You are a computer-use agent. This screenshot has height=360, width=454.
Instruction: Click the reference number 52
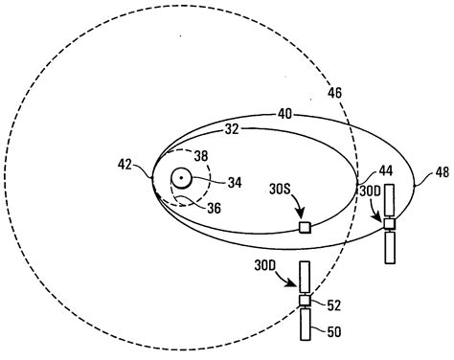coord(331,305)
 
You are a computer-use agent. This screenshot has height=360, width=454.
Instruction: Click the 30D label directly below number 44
coord(369,191)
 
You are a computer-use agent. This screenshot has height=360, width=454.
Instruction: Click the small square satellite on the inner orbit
coord(306,227)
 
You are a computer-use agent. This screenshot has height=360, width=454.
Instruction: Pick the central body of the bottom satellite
coord(306,301)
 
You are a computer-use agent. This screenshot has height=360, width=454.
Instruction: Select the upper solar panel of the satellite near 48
coord(389,202)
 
